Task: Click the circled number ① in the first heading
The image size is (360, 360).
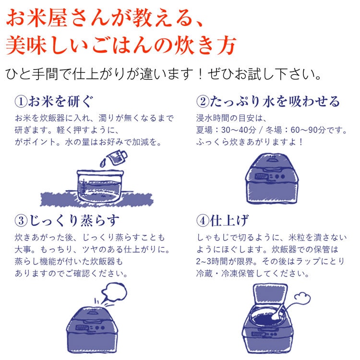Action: tap(21, 102)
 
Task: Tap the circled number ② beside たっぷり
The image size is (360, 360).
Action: tap(203, 101)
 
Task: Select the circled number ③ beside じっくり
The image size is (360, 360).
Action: tap(21, 221)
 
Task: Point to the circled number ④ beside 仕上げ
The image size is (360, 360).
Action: tap(203, 221)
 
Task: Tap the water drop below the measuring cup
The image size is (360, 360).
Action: tap(103, 163)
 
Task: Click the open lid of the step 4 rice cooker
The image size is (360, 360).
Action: tap(270, 295)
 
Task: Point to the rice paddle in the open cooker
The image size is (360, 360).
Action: tap(277, 312)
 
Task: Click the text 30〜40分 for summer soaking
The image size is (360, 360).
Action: tap(238, 131)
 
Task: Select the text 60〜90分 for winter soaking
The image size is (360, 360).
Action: tap(308, 131)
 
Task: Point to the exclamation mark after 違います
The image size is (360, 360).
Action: tap(200, 74)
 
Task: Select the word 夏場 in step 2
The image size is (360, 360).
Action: tap(204, 131)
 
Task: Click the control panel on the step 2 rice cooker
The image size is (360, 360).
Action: tap(270, 177)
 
